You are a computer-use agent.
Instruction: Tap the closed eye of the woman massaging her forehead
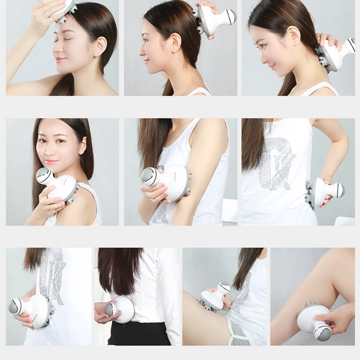pos(61,40)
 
